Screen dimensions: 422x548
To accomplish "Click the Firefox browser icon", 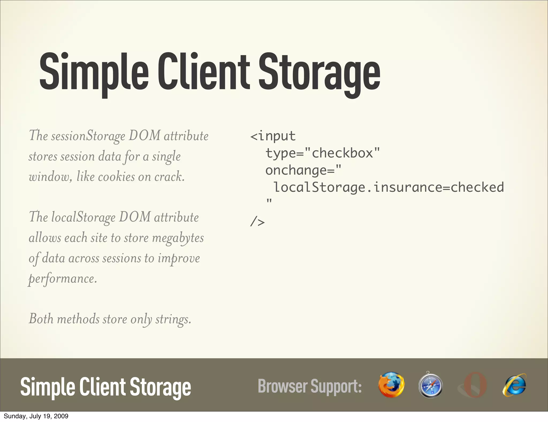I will [391, 385].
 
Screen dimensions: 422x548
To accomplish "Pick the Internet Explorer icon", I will [514, 385].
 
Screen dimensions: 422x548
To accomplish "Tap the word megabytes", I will [178, 238].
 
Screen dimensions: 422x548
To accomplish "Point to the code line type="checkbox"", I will [322, 153].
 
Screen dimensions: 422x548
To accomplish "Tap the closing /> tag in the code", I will [257, 222].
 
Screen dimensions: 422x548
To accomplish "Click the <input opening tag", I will [273, 136].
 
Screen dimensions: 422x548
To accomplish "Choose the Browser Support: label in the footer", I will [310, 386].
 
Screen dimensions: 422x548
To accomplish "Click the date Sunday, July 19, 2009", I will [36, 416].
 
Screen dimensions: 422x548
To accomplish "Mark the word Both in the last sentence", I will [41, 319].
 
